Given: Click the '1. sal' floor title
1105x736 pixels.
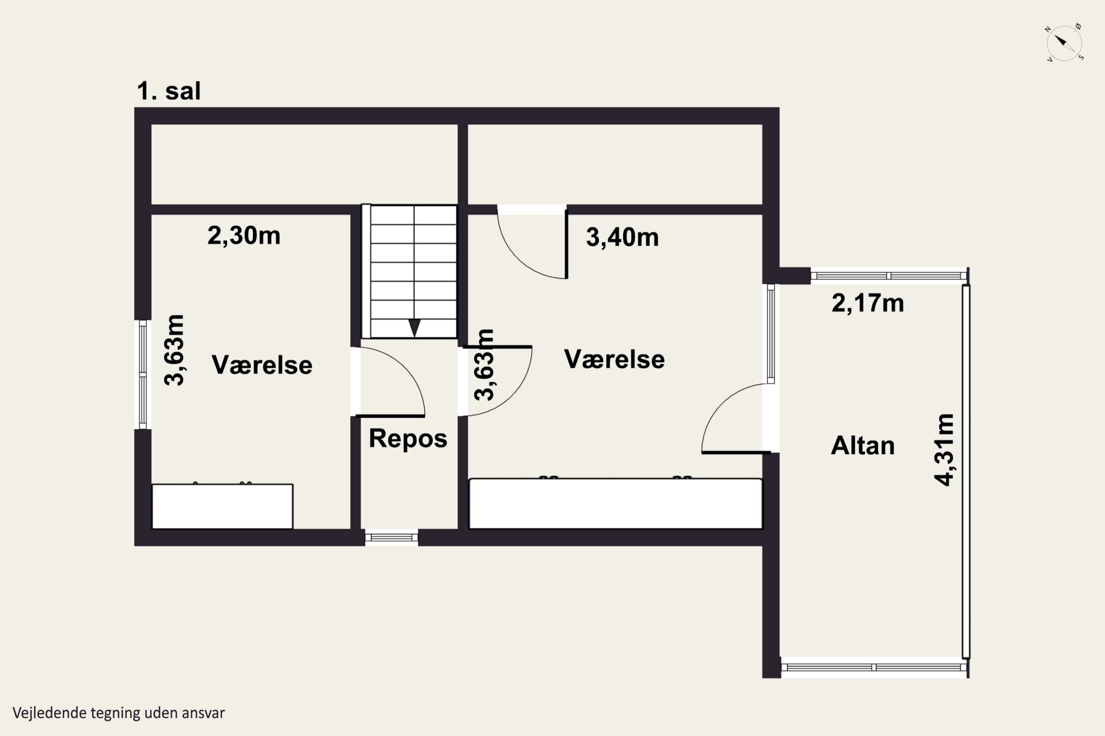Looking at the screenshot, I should pos(169,91).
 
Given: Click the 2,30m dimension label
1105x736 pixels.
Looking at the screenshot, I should pos(244,236).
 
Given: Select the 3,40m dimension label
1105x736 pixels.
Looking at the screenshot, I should pos(622,237).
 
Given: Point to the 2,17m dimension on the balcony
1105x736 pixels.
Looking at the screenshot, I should pos(867,303).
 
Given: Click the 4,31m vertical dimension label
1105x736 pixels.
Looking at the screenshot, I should pos(944,450).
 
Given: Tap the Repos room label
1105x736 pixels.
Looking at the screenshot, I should pos(408,438).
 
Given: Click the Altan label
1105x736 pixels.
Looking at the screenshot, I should pos(863,445).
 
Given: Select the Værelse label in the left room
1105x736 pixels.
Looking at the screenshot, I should pos(262,365).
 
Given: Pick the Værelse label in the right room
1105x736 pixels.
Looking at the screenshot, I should pos(614,360).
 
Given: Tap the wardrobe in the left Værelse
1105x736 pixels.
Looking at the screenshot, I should pos(222,506).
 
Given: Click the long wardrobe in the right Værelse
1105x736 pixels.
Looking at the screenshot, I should pos(615,503).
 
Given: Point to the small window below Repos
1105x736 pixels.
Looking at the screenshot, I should pos(391,537).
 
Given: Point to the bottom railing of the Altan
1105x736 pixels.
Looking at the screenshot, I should pos(873,667).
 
